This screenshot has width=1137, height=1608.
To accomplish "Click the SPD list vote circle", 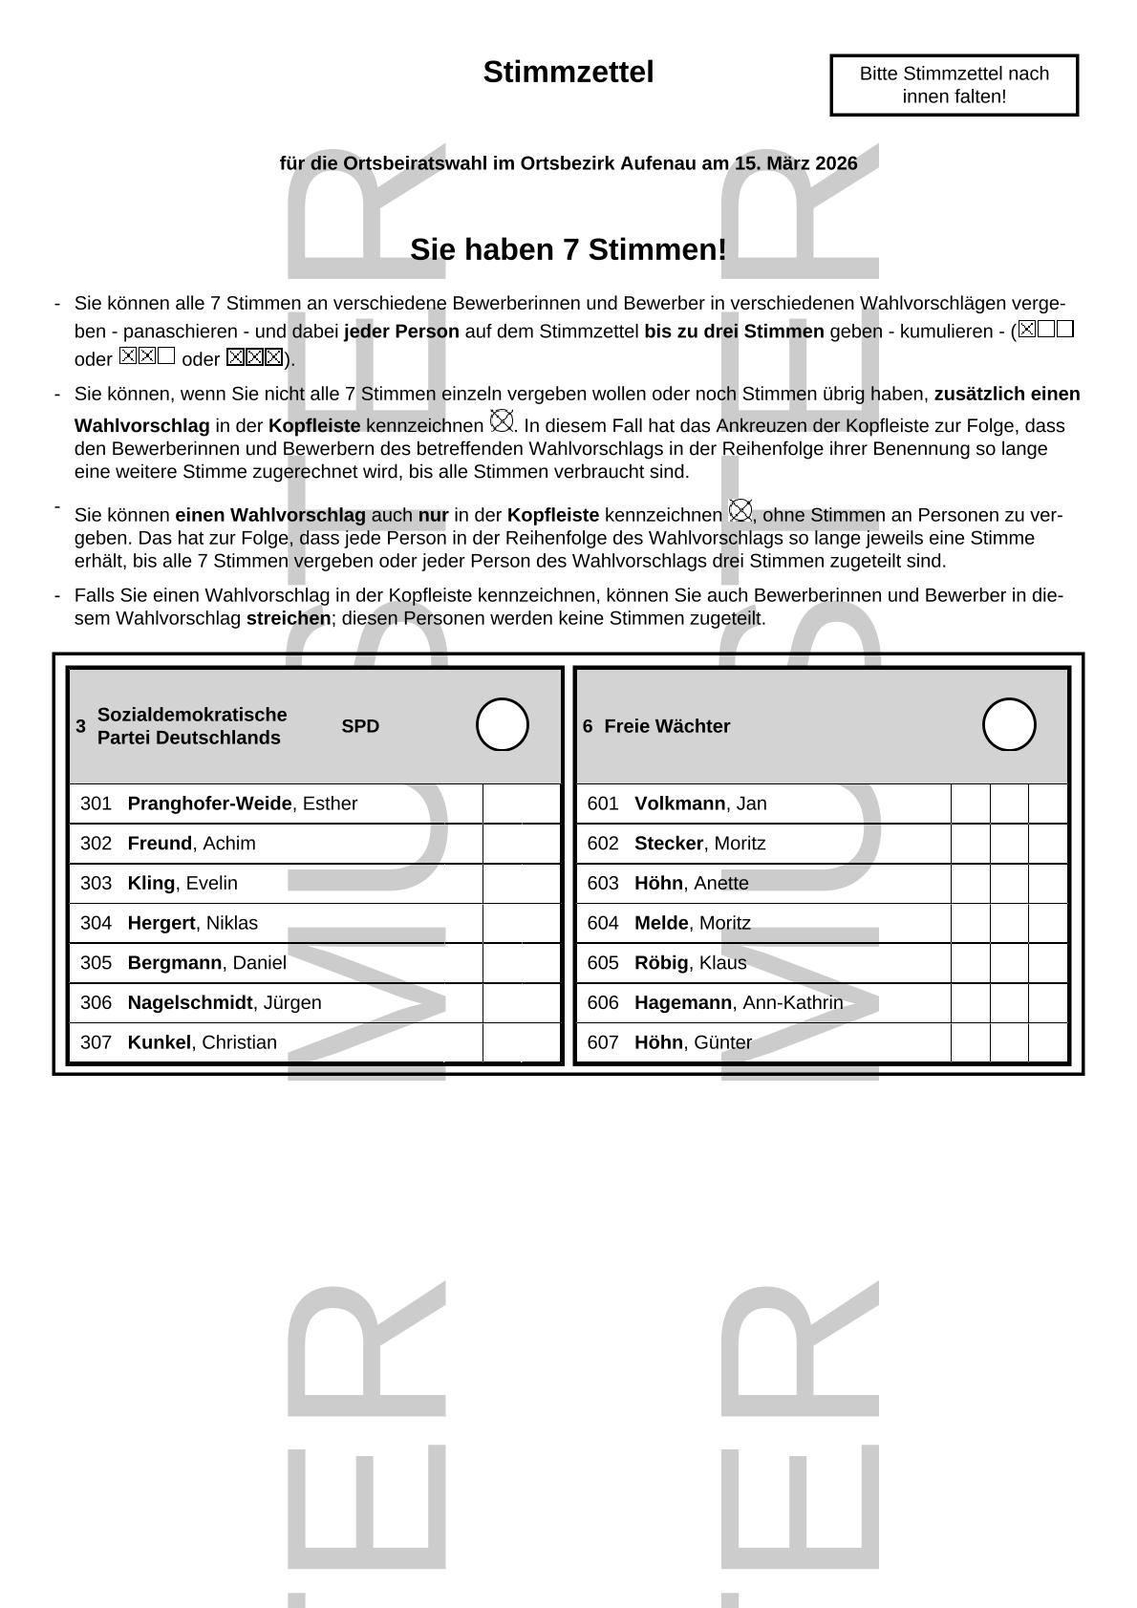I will point(503,725).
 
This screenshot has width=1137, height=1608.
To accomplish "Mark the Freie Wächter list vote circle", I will point(1009,725).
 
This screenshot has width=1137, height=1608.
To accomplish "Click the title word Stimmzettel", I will point(568,73).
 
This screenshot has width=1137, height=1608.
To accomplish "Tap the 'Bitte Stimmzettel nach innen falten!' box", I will point(954,85).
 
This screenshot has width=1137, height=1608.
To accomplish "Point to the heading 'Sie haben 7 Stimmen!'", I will point(568,249).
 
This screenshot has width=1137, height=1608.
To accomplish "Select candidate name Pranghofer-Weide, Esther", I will point(243,804).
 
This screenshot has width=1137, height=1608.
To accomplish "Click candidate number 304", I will point(96,923).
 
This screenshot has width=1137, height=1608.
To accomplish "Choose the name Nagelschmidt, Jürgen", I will point(225,1002).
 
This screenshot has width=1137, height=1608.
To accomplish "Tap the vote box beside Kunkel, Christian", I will point(521,1042).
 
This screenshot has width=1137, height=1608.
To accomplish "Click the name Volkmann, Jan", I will point(700,804).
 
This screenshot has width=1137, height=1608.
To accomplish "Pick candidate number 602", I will point(603,844).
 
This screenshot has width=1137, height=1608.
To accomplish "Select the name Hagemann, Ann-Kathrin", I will point(739,1002).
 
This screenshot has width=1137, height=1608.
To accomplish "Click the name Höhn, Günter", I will point(693,1042).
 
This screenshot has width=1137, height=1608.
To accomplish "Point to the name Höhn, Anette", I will point(692,883).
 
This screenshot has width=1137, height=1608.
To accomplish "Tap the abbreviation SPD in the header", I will point(360,726).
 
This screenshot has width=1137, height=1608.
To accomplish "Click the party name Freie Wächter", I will point(667,726).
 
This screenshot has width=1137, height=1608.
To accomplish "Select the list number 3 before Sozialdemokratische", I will point(81,726).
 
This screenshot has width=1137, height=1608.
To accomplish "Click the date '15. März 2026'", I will point(796,163).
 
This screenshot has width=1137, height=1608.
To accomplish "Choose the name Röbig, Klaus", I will point(690,962).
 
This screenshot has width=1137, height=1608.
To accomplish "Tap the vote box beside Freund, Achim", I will point(521,844).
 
